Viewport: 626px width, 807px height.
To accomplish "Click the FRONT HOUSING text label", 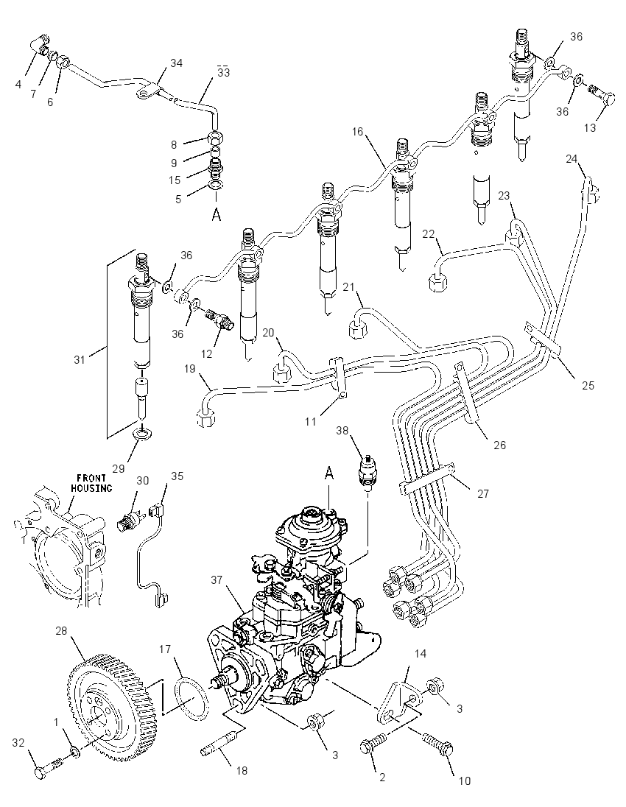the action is tap(91, 483).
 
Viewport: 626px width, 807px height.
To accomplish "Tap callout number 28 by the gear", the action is tap(62, 630).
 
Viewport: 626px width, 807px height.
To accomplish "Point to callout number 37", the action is tap(217, 580).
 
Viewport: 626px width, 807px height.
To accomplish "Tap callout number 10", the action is tap(465, 781).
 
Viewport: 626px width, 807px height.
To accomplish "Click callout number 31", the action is tap(79, 359).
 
